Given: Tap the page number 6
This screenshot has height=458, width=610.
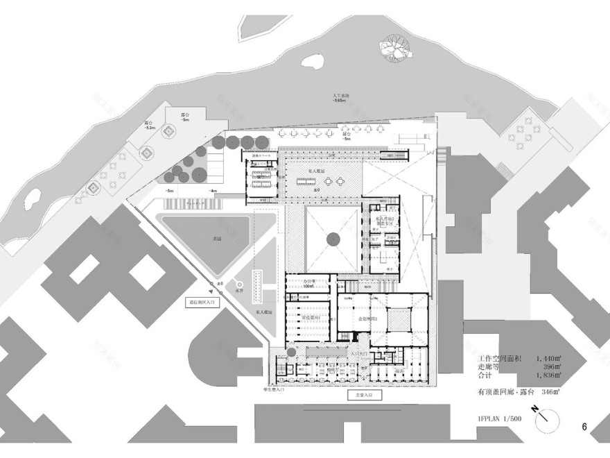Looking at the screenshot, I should (x=585, y=427).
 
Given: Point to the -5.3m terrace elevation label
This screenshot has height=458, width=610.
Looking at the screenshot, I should (x=150, y=127).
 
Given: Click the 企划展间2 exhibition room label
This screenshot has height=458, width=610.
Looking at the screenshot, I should (x=368, y=318).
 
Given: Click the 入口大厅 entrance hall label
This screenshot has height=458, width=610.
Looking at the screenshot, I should (x=360, y=353).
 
